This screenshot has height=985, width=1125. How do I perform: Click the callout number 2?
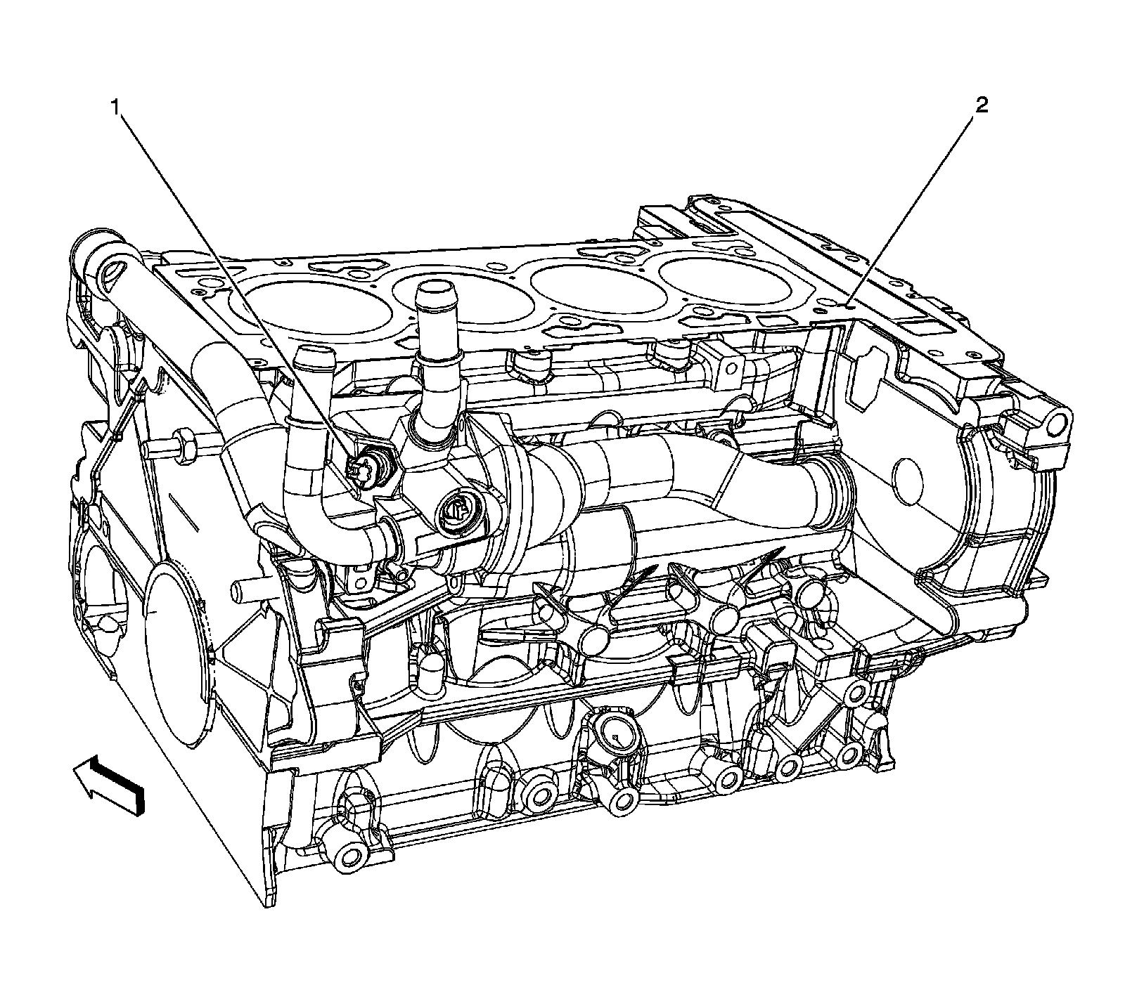tap(981, 106)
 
